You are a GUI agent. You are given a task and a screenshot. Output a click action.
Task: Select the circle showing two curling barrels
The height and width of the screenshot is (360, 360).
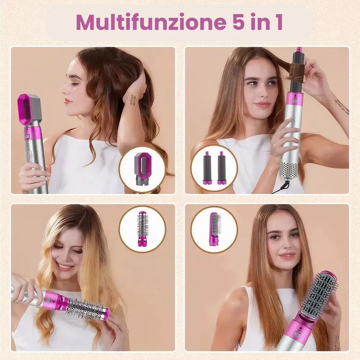[x=214, y=168]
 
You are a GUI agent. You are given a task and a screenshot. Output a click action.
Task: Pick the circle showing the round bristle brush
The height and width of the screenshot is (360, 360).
[x=142, y=228]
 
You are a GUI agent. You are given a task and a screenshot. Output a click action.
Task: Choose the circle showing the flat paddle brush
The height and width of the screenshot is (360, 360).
[x=214, y=229]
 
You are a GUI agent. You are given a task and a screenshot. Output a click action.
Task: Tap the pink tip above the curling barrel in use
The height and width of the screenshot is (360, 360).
[x=299, y=50]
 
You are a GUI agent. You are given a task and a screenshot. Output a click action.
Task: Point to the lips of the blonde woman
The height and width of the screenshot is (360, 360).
[x=65, y=267]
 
